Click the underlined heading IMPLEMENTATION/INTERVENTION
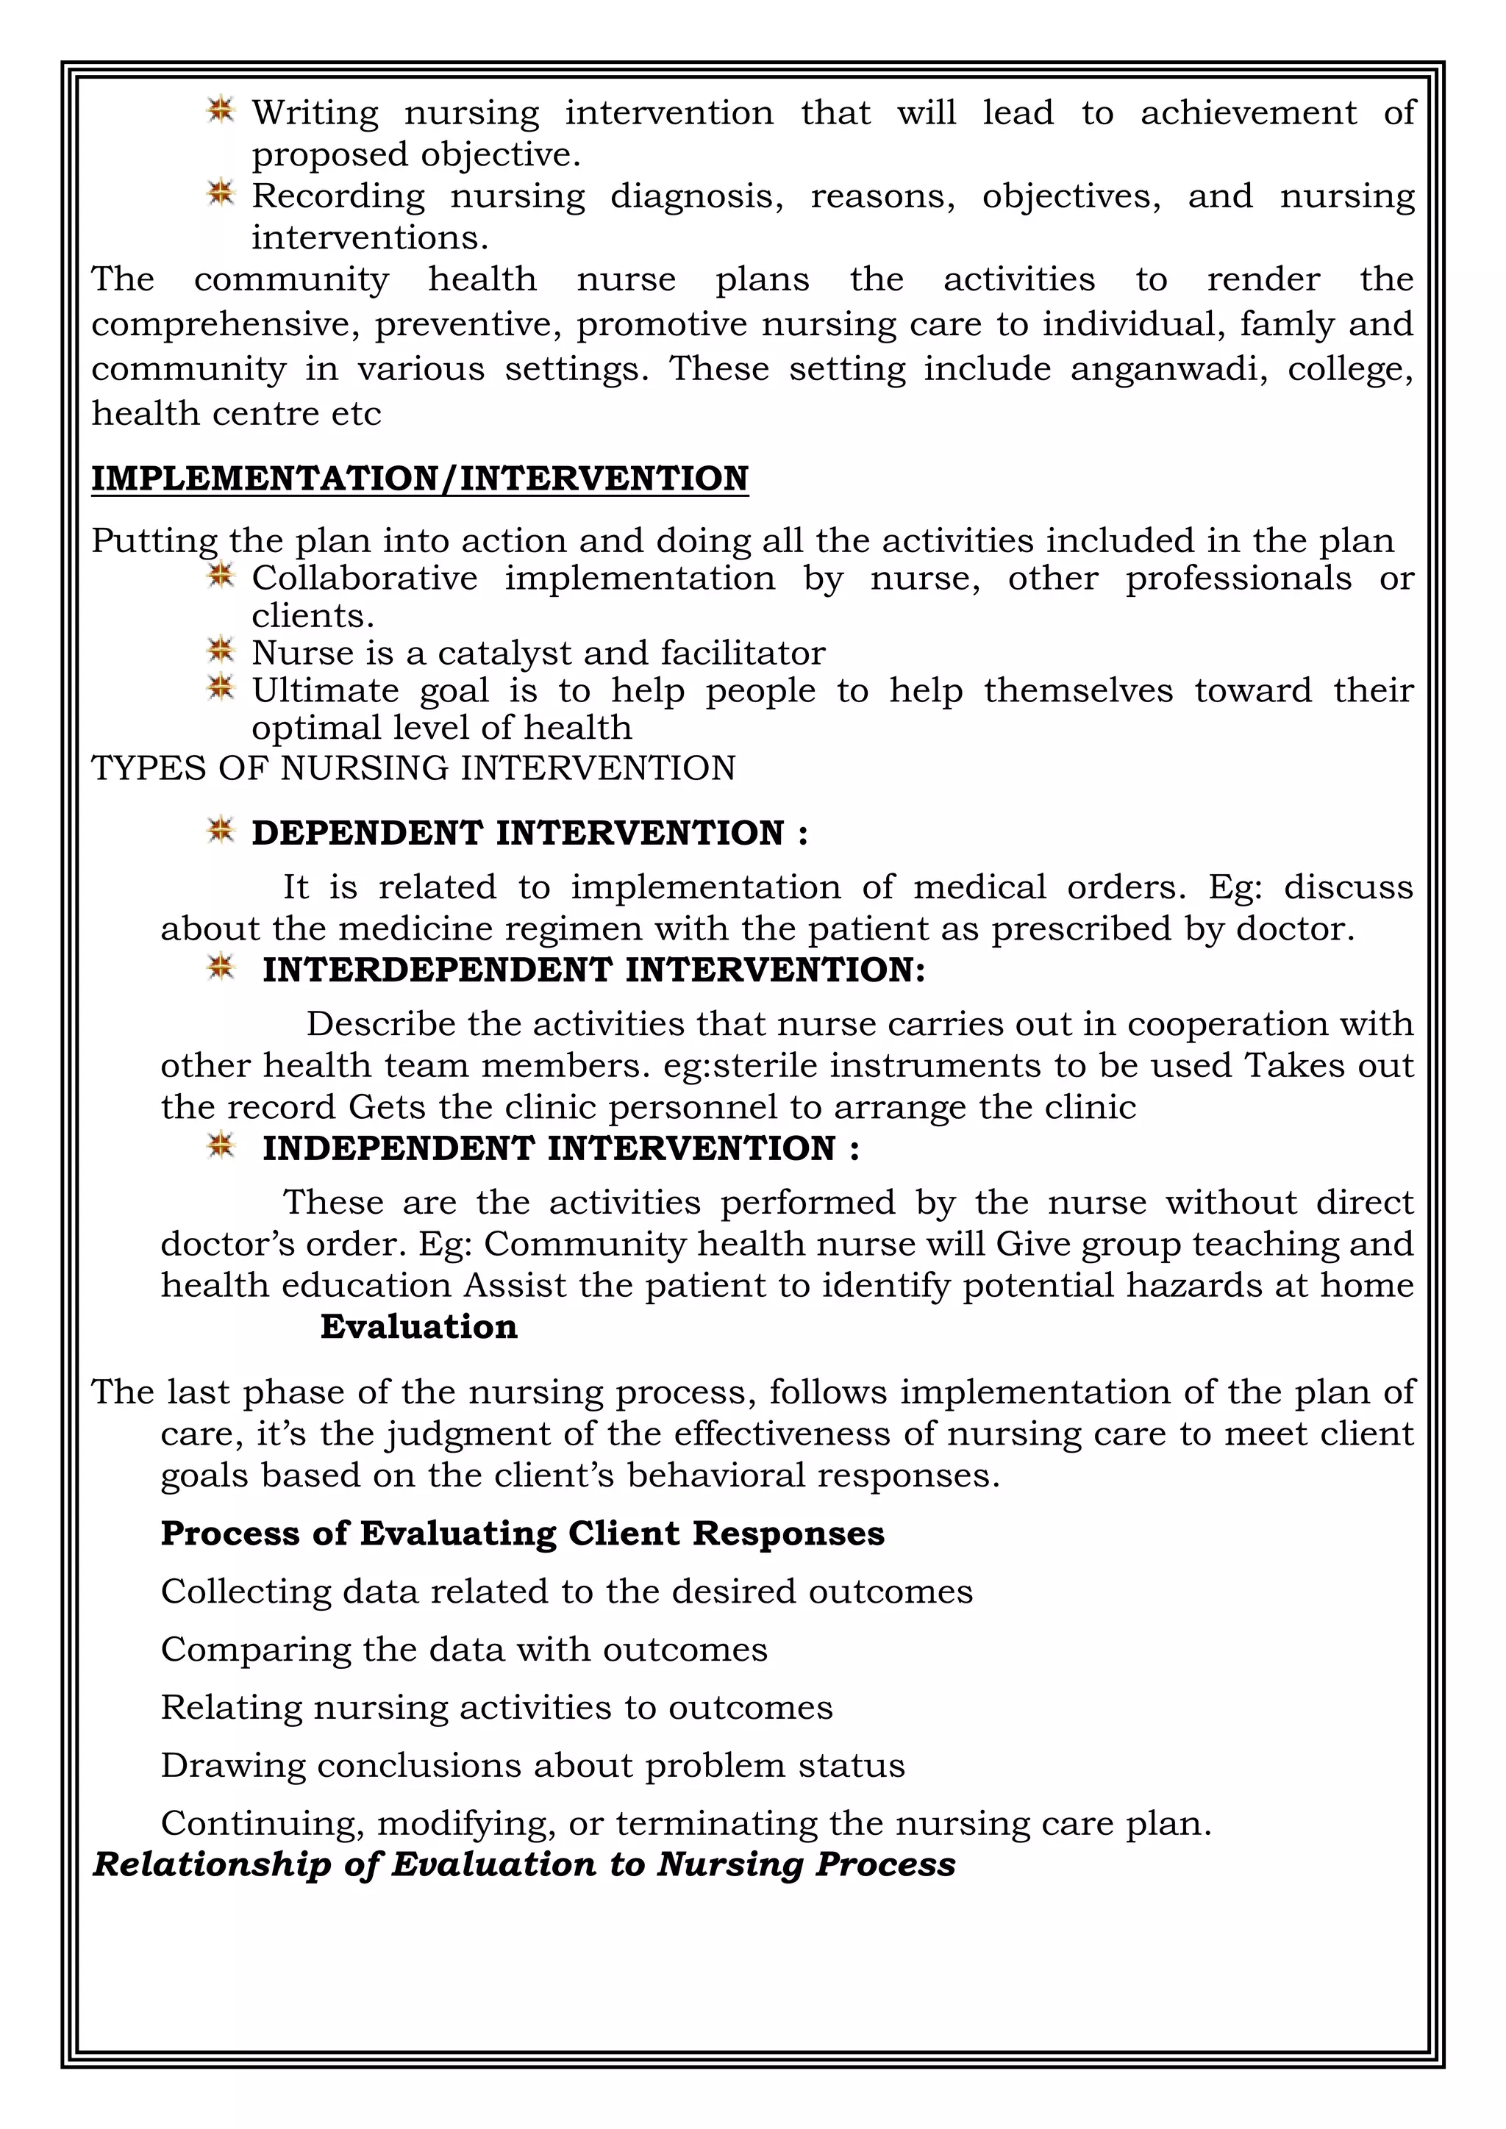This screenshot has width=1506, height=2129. pos(419,479)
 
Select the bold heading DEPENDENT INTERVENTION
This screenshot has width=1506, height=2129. pos(529,833)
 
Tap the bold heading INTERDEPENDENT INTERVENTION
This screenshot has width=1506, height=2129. pos(593,970)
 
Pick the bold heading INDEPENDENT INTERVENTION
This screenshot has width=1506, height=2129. pos(560,1148)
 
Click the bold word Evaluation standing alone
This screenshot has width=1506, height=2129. pos(418,1326)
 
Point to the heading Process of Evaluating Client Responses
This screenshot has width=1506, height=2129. pos(522,1533)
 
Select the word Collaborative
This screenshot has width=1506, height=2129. pos(365,578)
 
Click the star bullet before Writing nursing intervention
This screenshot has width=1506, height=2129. pos(220,110)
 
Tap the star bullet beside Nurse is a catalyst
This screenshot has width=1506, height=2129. pos(220,651)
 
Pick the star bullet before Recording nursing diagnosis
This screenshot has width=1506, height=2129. pos(220,194)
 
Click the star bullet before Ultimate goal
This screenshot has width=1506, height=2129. pos(220,688)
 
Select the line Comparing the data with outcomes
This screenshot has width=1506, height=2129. pos(464,1650)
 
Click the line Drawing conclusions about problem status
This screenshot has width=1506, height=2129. pos(532,1766)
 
